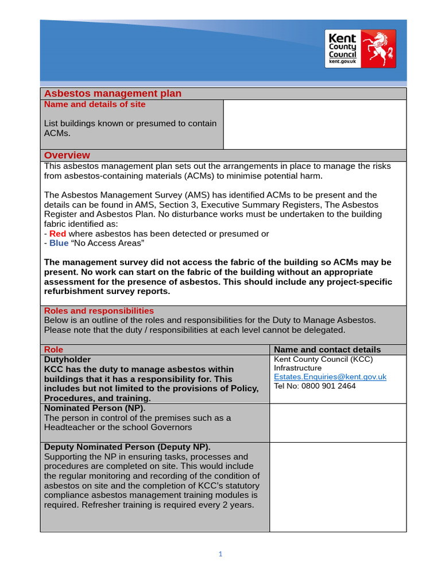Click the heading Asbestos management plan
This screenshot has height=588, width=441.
pyautogui.click(x=113, y=94)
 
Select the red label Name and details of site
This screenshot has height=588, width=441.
pyautogui.click(x=95, y=105)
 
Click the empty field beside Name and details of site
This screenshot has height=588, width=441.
pyautogui.click(x=314, y=125)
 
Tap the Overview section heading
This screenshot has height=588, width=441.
pyautogui.click(x=67, y=155)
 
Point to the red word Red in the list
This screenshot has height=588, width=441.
pyautogui.click(x=57, y=234)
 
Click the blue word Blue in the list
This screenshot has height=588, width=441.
pyautogui.click(x=59, y=243)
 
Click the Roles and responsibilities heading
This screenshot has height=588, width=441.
pyautogui.click(x=99, y=311)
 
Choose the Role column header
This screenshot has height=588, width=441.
pyautogui.click(x=54, y=349)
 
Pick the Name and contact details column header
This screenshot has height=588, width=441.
pyautogui.click(x=327, y=349)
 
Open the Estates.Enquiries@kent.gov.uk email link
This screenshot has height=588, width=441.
pyautogui.click(x=330, y=377)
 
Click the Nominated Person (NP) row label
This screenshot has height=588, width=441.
pyautogui.click(x=95, y=408)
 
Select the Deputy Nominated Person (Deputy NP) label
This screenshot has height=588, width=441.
pyautogui.click(x=127, y=447)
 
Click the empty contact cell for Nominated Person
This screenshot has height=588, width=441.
pyautogui.click(x=338, y=423)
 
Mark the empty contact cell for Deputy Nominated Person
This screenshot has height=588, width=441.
pyautogui.click(x=338, y=487)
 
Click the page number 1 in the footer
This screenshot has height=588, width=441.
pyautogui.click(x=220, y=554)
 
